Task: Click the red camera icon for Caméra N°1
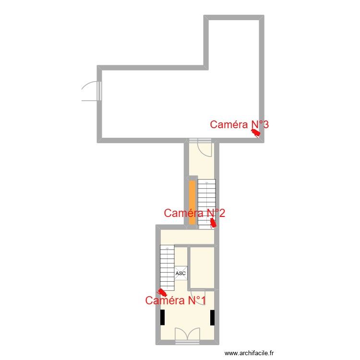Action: (x=163, y=292)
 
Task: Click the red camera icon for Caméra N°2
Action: (x=214, y=222)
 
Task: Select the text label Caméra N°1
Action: (x=176, y=301)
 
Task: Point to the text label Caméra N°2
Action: (x=194, y=213)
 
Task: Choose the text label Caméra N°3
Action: (x=239, y=125)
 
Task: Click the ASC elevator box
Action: (x=180, y=273)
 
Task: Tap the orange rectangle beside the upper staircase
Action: (x=192, y=202)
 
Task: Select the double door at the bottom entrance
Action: (x=187, y=335)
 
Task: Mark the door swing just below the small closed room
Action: (x=198, y=295)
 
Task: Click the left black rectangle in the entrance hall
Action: (x=163, y=317)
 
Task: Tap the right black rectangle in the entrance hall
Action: (x=212, y=317)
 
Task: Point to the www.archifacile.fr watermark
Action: (x=249, y=353)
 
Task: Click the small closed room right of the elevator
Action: (x=202, y=268)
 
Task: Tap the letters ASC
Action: (x=180, y=274)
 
